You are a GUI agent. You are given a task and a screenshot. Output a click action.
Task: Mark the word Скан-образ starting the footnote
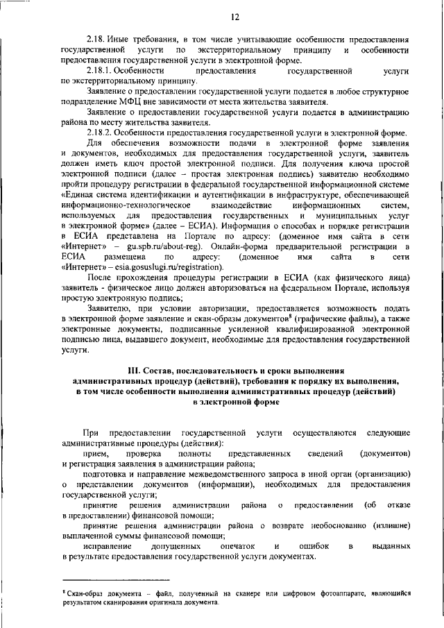pyautogui.click(x=84, y=593)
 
